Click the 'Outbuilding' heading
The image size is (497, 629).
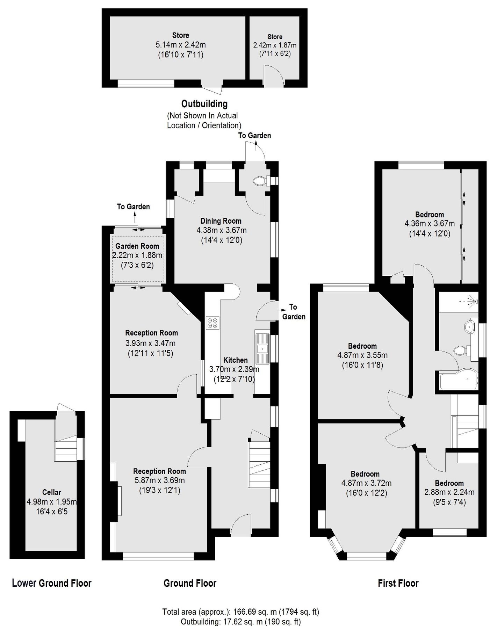[x=204, y=104]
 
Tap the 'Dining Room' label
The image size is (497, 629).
[x=221, y=221]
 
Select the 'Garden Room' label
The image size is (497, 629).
[x=137, y=246]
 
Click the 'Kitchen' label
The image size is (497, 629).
[x=235, y=360]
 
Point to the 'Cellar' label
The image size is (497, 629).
[x=51, y=492]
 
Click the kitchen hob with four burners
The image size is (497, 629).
[x=213, y=323]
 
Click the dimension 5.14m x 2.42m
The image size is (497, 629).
[x=180, y=45]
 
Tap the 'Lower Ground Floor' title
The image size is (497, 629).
[x=51, y=583]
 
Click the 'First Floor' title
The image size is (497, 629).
[x=398, y=583]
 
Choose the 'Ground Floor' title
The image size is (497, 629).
[x=190, y=583]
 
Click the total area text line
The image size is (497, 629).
[x=240, y=612]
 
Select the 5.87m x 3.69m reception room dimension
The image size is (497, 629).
[x=159, y=480]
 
